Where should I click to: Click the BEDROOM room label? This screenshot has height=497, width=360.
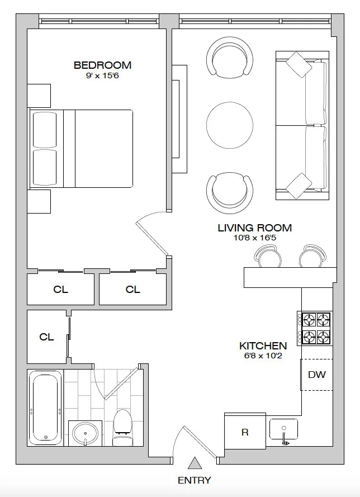[x=102, y=65]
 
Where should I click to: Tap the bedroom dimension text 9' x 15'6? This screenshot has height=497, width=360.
[x=102, y=75]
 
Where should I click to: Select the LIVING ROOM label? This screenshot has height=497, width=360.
[x=254, y=228]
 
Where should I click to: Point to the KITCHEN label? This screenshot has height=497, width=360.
[x=263, y=346]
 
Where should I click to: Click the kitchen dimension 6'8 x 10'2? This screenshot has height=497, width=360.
[x=263, y=356]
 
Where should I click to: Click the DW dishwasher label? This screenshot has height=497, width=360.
[x=316, y=375]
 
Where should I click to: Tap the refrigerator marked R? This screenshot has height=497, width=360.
[x=245, y=432]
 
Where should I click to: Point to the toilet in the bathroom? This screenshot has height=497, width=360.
[x=122, y=429]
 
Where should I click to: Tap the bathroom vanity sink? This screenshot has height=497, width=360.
[x=85, y=433]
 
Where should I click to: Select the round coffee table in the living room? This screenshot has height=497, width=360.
[x=230, y=125]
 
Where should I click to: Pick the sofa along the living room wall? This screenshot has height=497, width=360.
[x=302, y=126]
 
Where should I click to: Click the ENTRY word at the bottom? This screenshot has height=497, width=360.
[x=194, y=480]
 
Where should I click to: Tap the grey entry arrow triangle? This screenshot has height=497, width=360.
[x=194, y=463]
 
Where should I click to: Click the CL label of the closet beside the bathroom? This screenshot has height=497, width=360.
[x=46, y=337]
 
